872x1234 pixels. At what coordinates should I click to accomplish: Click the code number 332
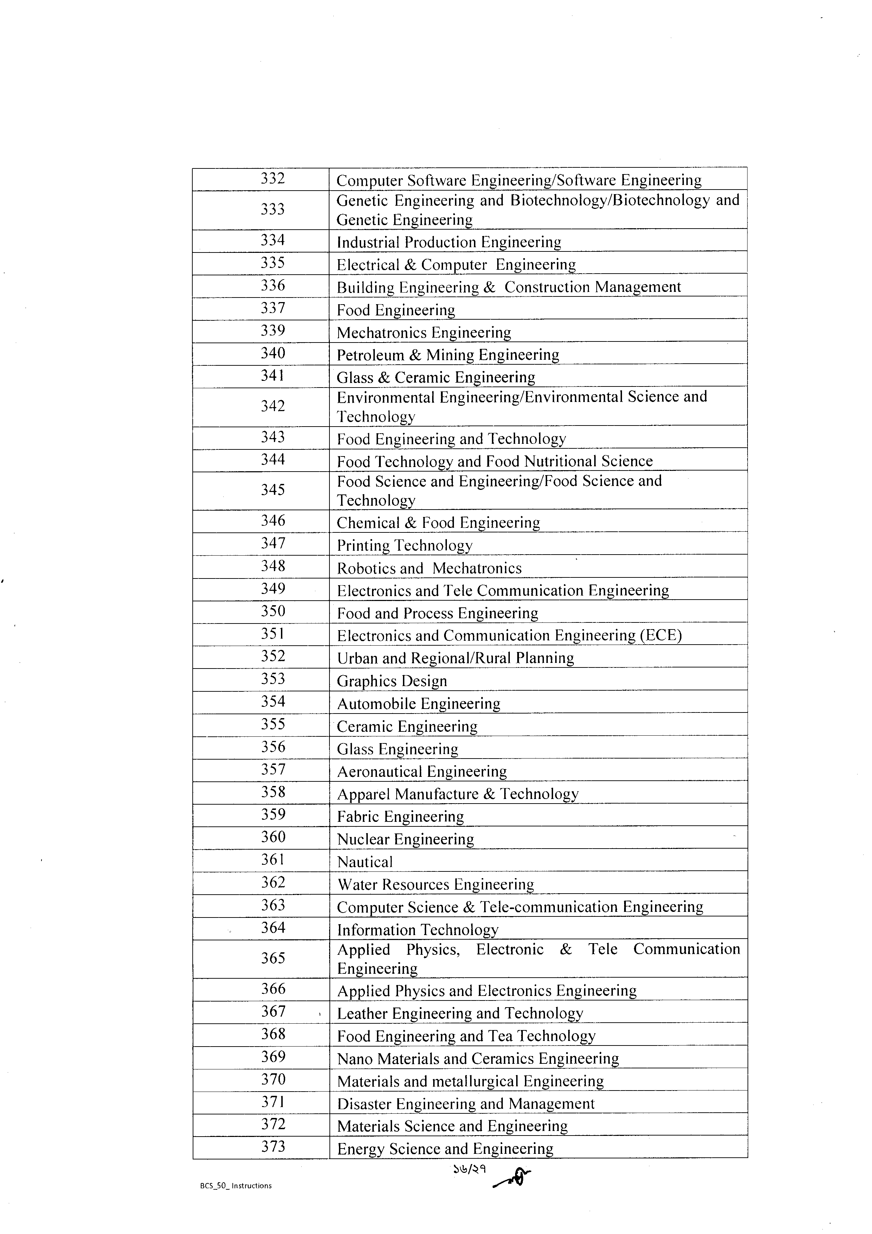tap(272, 178)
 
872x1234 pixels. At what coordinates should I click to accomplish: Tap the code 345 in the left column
tap(272, 490)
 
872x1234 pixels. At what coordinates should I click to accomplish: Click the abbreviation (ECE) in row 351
tap(660, 635)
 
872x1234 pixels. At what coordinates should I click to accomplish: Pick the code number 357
tap(272, 770)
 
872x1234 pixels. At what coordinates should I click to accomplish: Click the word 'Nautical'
tap(365, 862)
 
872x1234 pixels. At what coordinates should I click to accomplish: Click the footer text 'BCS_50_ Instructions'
tap(236, 1185)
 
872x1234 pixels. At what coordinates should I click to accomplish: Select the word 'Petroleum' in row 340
tap(370, 355)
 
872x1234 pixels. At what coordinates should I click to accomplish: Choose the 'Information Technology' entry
tap(417, 930)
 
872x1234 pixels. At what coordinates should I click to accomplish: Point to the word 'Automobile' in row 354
tap(377, 704)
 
